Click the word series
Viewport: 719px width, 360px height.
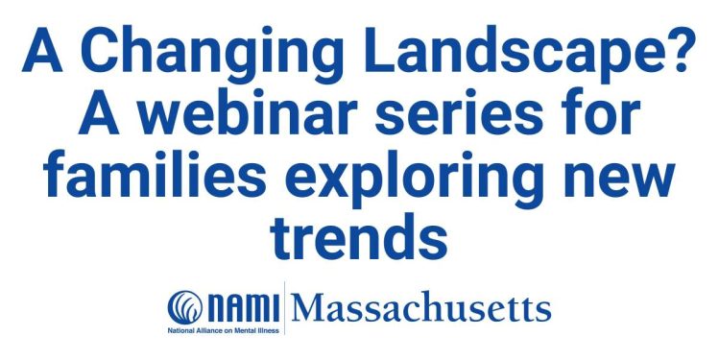tap(459, 114)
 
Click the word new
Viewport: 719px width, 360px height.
tap(619, 180)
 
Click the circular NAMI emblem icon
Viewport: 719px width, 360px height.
tap(185, 307)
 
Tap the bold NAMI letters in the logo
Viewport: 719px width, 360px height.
tap(244, 308)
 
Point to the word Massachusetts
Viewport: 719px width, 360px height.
tap(420, 308)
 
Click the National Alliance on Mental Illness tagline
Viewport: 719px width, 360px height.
tap(224, 330)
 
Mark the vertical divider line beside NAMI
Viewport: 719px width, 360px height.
tap(285, 308)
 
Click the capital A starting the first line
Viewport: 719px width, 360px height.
tap(42, 50)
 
